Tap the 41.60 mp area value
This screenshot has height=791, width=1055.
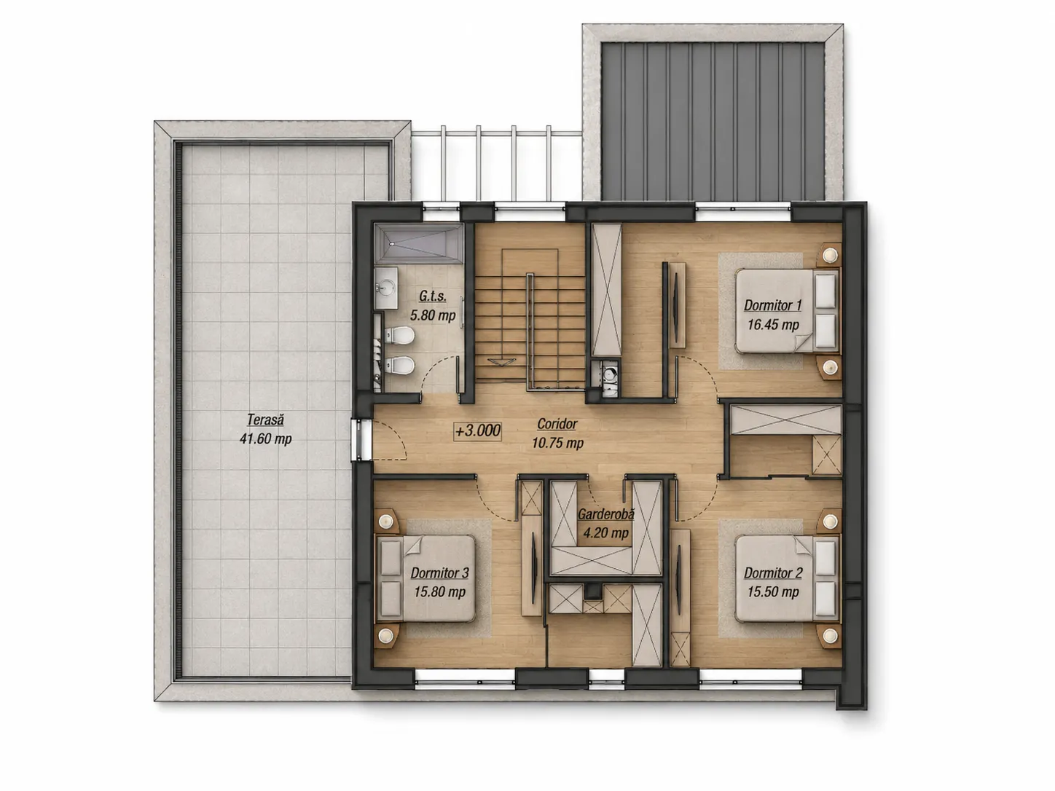pyautogui.click(x=265, y=439)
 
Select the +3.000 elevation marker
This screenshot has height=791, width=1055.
pyautogui.click(x=478, y=430)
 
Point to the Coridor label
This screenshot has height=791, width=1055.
pyautogui.click(x=557, y=424)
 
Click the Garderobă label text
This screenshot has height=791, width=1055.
pyautogui.click(x=605, y=514)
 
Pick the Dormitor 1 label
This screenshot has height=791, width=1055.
pyautogui.click(x=773, y=305)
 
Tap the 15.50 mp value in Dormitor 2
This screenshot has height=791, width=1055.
pyautogui.click(x=773, y=591)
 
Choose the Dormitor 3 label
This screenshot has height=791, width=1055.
pyautogui.click(x=439, y=573)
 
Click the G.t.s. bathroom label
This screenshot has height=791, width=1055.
pyautogui.click(x=433, y=296)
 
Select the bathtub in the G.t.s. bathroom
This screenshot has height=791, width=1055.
pyautogui.click(x=419, y=243)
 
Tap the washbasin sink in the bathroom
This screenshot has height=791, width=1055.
pyautogui.click(x=386, y=288)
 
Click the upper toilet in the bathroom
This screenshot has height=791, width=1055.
pyautogui.click(x=399, y=336)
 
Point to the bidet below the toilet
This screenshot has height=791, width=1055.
pyautogui.click(x=399, y=366)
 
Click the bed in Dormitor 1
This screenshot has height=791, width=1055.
pyautogui.click(x=788, y=311)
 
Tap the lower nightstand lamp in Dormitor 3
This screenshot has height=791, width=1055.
pyautogui.click(x=385, y=636)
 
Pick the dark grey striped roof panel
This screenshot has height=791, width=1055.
pyautogui.click(x=713, y=121)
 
